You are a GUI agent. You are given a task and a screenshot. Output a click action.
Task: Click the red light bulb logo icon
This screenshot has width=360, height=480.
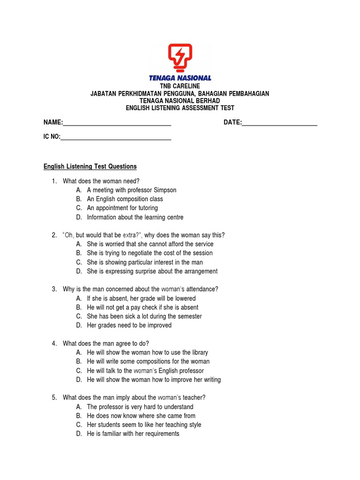(180, 58)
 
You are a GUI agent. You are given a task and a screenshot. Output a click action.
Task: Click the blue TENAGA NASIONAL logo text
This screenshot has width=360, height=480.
(180, 78)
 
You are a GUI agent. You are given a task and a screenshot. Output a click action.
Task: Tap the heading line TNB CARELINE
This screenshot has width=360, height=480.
(180, 86)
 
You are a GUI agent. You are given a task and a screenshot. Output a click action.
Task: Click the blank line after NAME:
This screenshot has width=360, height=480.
(117, 124)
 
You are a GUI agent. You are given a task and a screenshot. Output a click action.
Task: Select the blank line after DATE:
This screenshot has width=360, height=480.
(280, 124)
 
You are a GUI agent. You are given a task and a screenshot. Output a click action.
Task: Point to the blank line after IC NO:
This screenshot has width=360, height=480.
(116, 139)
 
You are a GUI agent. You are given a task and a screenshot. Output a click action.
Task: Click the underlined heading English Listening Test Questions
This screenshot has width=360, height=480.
(90, 166)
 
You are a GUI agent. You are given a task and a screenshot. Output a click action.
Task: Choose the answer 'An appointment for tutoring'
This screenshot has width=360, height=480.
(122, 208)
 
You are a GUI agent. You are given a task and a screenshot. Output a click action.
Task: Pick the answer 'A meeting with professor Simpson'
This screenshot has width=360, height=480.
(131, 190)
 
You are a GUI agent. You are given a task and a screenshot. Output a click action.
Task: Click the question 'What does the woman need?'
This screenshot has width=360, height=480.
(101, 181)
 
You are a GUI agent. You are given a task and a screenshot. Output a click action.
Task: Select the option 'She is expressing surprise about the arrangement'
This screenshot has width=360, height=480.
(152, 271)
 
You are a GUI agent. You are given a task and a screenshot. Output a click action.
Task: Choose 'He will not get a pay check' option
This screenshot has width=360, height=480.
(142, 307)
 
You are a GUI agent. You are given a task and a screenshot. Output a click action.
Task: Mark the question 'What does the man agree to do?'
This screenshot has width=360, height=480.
(106, 343)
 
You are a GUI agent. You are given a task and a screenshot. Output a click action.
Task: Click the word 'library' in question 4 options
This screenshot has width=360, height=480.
(199, 352)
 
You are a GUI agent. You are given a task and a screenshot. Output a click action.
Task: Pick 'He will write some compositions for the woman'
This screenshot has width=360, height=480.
(148, 361)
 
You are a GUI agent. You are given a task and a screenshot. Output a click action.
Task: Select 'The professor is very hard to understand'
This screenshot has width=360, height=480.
(140, 407)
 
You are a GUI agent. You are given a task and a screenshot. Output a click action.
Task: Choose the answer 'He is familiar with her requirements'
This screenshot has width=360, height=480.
(133, 434)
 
